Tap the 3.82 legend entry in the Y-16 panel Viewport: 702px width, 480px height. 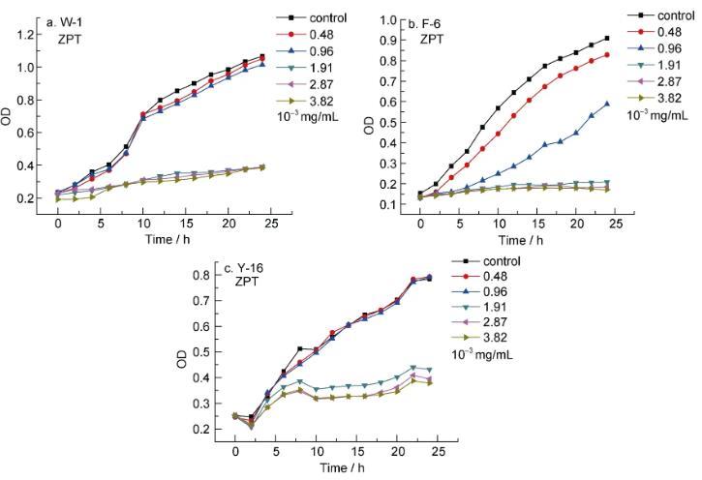pos(481,337)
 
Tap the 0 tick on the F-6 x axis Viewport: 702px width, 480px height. pos(420,224)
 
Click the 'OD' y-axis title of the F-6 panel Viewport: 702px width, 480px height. pos(368,125)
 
